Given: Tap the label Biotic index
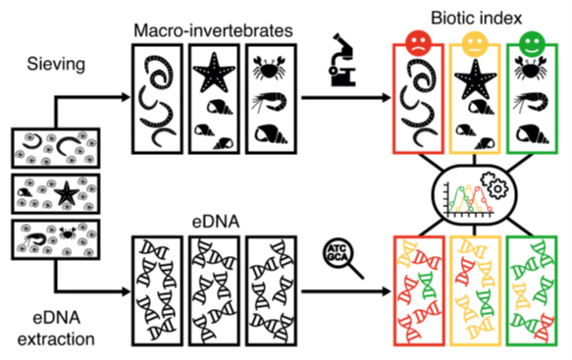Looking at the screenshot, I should [478, 15].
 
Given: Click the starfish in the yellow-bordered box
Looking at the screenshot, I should [477, 77].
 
